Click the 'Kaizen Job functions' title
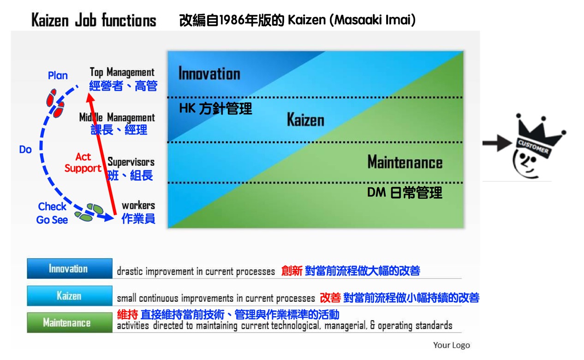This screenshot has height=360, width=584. click(x=94, y=20)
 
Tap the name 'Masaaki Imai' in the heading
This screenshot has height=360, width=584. click(x=372, y=20)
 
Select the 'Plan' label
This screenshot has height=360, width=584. click(x=58, y=76)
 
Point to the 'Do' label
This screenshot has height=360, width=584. click(x=25, y=150)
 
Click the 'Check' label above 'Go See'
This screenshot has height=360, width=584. click(x=52, y=206)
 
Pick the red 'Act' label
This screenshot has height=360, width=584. click(x=83, y=157)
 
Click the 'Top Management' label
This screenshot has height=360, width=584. click(x=122, y=72)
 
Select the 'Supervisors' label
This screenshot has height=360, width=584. click(x=131, y=162)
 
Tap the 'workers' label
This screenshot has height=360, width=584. click(x=138, y=205)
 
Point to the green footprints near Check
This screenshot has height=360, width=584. click(x=89, y=212)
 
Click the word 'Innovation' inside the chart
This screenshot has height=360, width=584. click(x=209, y=73)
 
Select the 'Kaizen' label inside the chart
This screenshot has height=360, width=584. click(x=305, y=120)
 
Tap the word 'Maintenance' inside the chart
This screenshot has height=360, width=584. click(x=405, y=162)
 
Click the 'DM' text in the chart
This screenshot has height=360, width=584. click(x=376, y=192)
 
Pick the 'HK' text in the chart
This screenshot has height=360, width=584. click(x=187, y=108)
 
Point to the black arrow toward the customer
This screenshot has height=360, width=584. click(x=497, y=143)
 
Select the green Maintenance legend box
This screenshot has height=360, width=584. click(x=70, y=323)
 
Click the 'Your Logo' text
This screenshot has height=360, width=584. click(x=452, y=345)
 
